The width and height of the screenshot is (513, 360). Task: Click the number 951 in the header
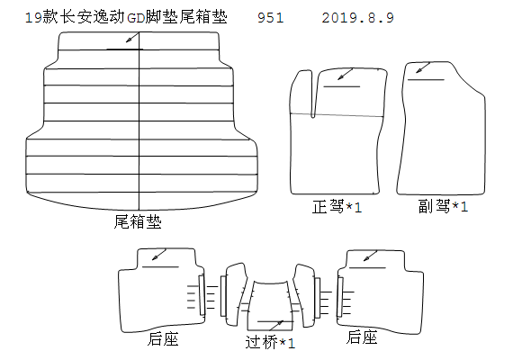[271, 18]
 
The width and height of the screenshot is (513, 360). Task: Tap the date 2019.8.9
[358, 18]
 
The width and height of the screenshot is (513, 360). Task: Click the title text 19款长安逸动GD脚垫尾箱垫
[126, 17]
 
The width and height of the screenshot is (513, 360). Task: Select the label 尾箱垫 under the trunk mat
[138, 221]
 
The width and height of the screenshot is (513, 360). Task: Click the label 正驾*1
[337, 207]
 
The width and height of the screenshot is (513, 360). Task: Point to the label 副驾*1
[444, 206]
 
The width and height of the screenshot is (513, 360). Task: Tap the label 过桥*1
[270, 342]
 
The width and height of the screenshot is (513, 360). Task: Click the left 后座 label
[163, 338]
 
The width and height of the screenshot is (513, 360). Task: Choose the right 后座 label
[362, 337]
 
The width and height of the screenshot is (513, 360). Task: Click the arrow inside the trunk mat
[132, 38]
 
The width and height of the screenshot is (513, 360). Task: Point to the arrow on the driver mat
[346, 74]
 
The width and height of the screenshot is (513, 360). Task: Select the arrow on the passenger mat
[423, 67]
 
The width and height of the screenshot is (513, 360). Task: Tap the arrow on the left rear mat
[159, 255]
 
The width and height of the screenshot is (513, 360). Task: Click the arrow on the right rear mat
[371, 256]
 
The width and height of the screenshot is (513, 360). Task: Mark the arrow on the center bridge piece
[276, 325]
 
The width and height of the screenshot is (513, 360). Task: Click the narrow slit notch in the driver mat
[313, 94]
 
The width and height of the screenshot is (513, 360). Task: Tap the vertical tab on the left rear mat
[202, 295]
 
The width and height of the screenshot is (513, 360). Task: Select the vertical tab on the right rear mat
[340, 297]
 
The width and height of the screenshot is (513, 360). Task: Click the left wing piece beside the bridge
[236, 294]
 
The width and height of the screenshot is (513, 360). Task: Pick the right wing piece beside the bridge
[304, 295]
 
